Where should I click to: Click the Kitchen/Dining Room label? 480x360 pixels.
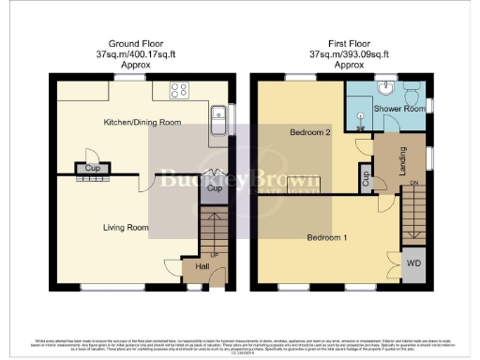tap(142, 122)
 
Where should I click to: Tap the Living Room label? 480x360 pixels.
tap(126, 227)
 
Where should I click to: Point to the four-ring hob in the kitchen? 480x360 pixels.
tap(179, 90)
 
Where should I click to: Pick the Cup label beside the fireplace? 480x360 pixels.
tap(92, 169)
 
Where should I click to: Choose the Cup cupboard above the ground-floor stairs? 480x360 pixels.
tap(215, 187)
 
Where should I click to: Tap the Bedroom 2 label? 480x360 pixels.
tap(311, 133)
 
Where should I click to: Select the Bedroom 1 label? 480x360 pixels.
tap(328, 237)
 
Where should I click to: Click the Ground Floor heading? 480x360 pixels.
tap(140, 42)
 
